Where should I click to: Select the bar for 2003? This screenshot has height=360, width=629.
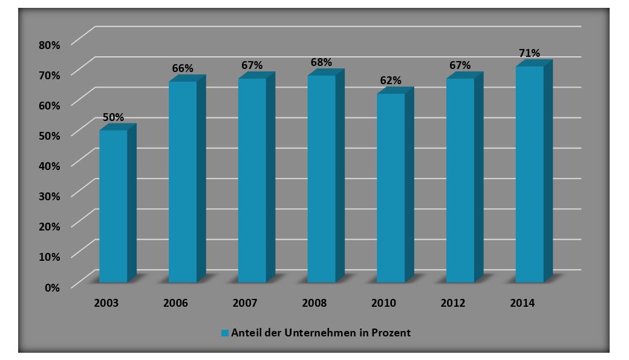113,206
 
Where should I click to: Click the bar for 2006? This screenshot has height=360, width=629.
183,182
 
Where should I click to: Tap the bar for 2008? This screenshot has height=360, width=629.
321,178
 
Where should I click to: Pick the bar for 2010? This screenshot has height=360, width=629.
391,188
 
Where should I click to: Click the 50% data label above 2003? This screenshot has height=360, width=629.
113,117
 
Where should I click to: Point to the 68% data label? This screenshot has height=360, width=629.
321,62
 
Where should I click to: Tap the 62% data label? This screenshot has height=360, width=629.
391,80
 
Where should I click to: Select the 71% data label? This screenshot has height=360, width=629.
529,53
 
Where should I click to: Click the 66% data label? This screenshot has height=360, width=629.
183,68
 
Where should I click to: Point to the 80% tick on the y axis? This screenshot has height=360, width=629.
49,44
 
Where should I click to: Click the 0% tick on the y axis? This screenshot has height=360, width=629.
52,287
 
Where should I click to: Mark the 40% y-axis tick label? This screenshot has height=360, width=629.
49,165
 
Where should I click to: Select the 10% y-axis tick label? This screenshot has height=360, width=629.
49,256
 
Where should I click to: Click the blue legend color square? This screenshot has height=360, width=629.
224,333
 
